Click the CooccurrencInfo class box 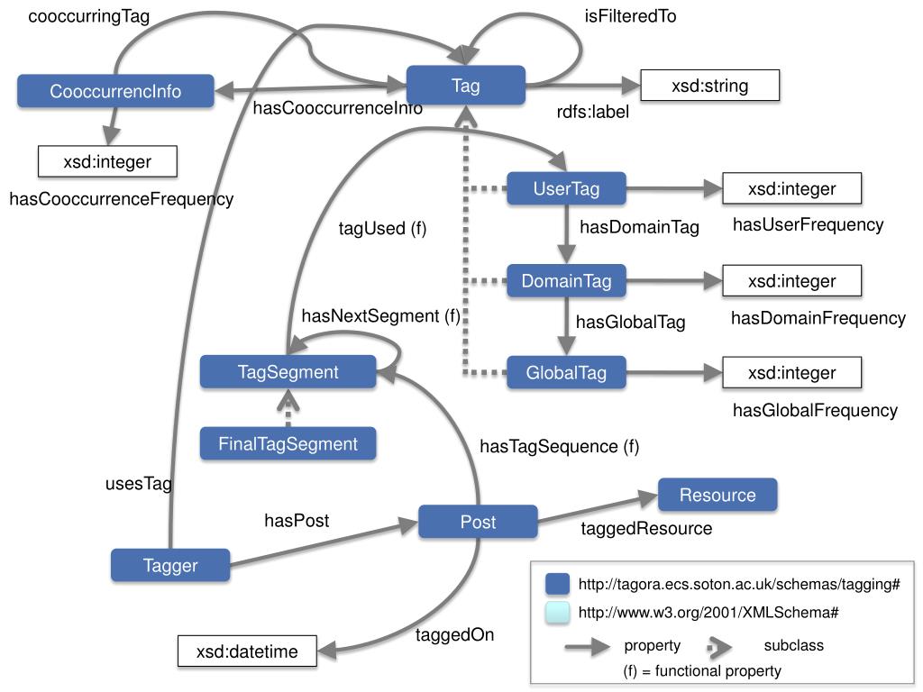pos(115,91)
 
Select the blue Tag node pos(466,86)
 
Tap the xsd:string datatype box pos(710,86)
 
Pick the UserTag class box pos(566,188)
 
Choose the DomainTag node pos(566,281)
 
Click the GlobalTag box pos(566,372)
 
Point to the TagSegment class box pos(288,371)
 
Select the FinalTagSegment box pos(288,443)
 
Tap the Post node pos(478,522)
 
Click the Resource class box pos(717,495)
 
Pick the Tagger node pos(170,565)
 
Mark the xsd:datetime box pos(247,651)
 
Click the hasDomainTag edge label pos(639,226)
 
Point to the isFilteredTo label pos(630,16)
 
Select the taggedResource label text pos(646,528)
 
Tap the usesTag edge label pos(139,484)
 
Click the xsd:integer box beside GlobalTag pos(791,372)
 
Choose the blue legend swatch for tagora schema pos(557,584)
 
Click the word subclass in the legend pos(793,645)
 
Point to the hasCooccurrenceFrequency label pos(122,199)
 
